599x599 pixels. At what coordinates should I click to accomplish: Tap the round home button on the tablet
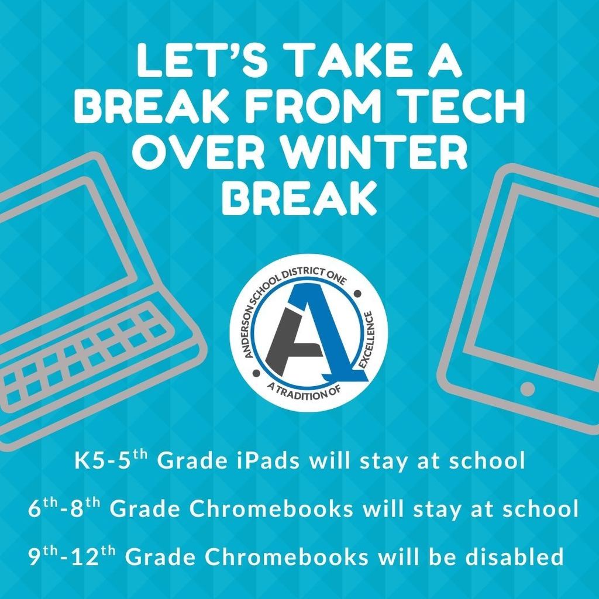click(527, 388)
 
